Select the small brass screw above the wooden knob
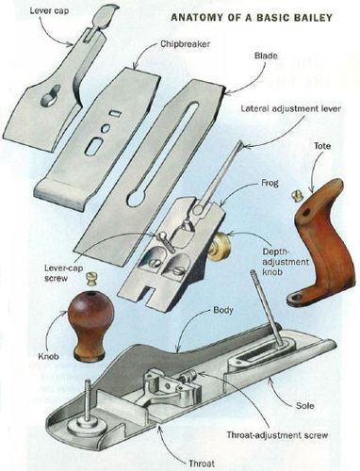click(x=92, y=278)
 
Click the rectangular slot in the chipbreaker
click(x=94, y=146)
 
